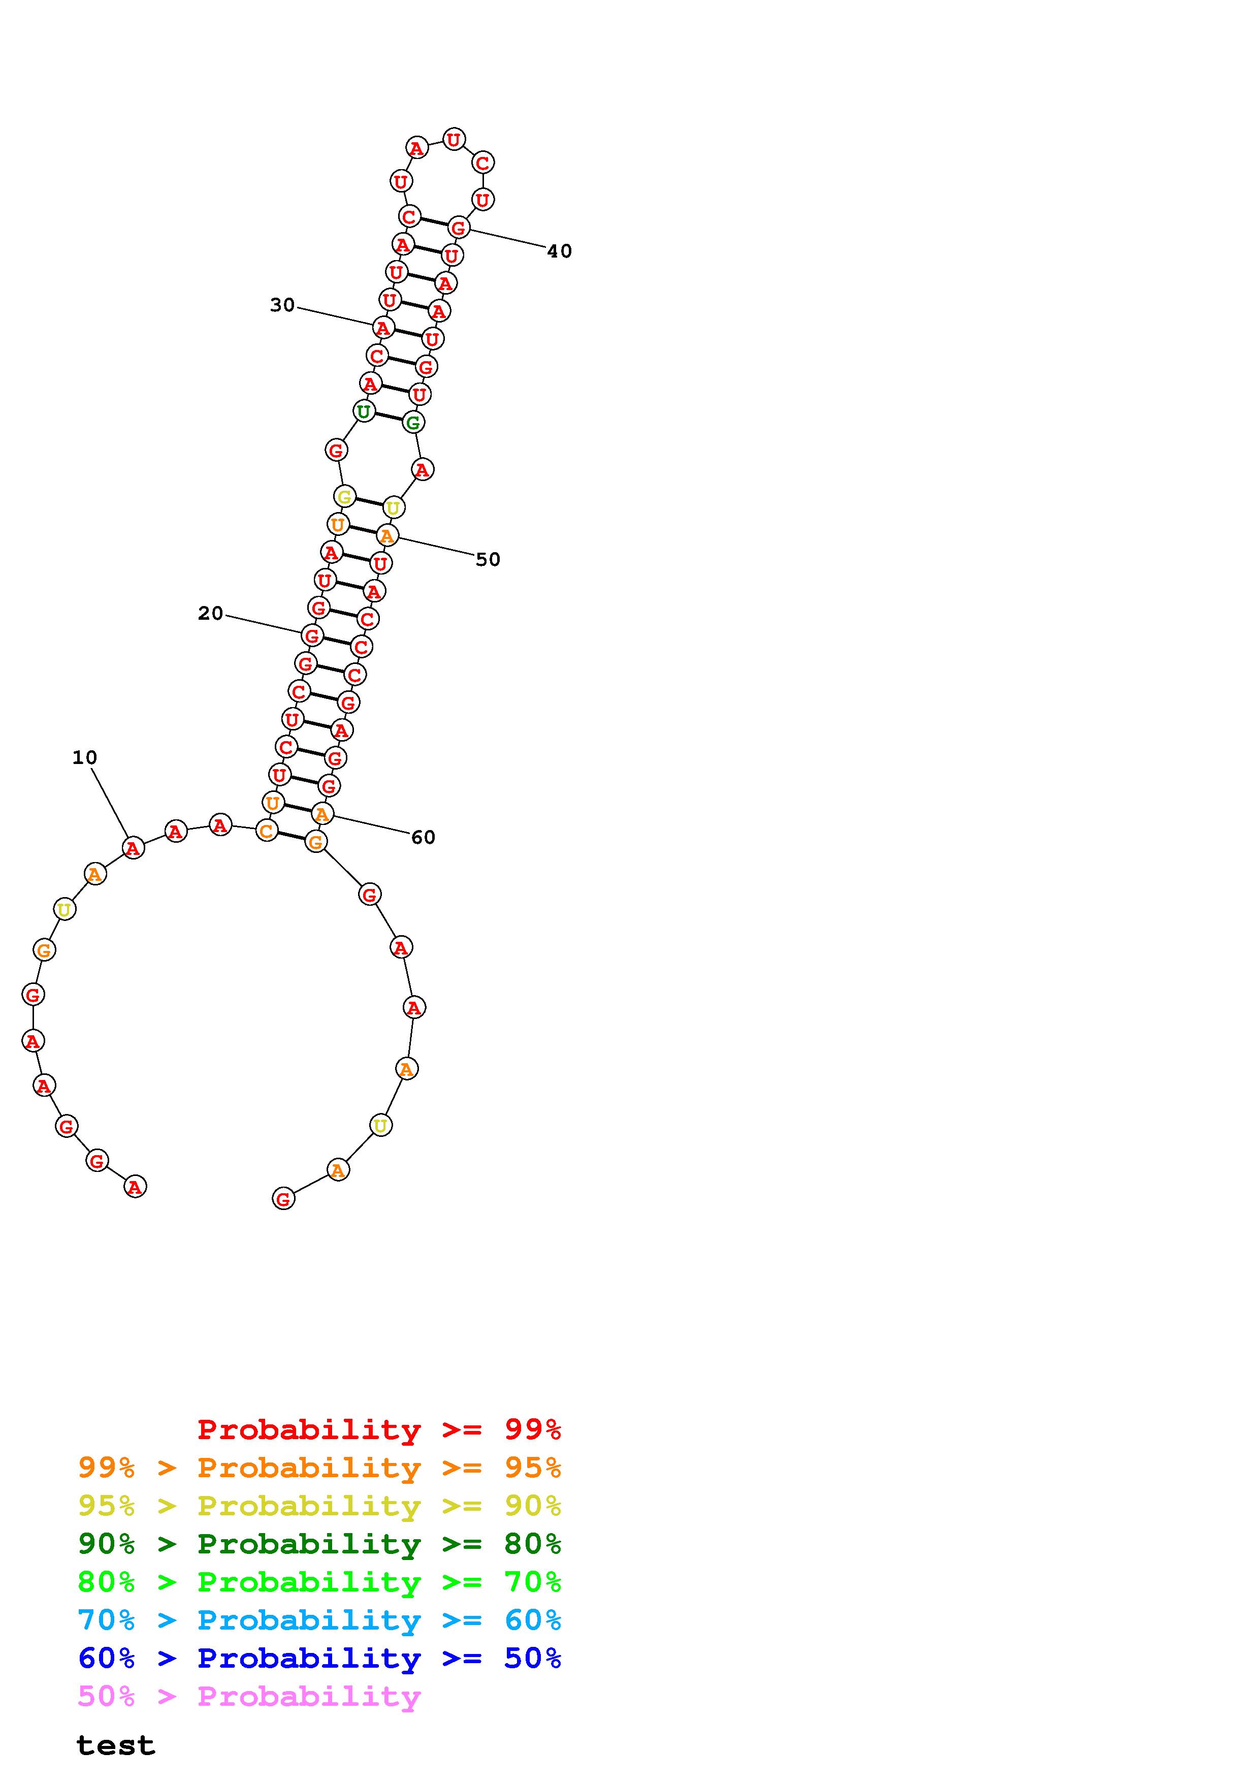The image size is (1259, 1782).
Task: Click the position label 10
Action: tap(84, 757)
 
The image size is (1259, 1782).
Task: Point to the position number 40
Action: tap(559, 251)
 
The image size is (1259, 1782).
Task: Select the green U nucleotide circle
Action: tap(363, 411)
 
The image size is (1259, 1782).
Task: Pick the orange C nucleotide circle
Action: tap(266, 831)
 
